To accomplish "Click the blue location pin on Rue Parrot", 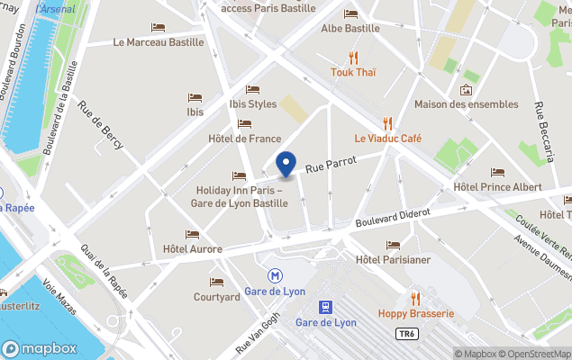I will point(286,165).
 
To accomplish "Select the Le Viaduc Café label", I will point(387,139).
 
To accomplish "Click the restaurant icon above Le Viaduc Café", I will point(387,122).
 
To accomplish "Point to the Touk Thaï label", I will point(352,72).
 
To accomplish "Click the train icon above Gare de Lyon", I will point(326,306).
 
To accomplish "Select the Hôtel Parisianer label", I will point(393,260).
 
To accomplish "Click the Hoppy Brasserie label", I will point(415,313).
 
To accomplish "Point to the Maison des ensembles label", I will point(466,104).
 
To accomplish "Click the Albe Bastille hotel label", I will point(350,28).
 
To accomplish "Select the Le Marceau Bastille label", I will point(158,41).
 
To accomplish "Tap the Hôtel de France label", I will point(244,139).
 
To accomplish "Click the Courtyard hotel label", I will point(216,297).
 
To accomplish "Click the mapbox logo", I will point(38,348).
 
